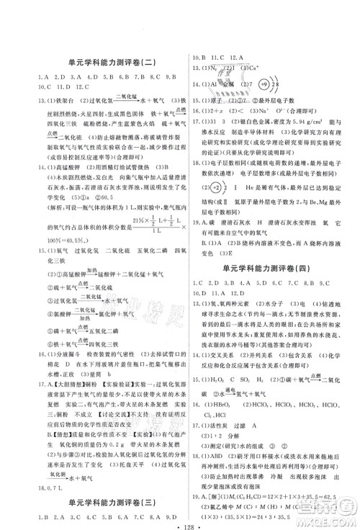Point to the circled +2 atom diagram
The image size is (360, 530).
pos(214,187)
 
